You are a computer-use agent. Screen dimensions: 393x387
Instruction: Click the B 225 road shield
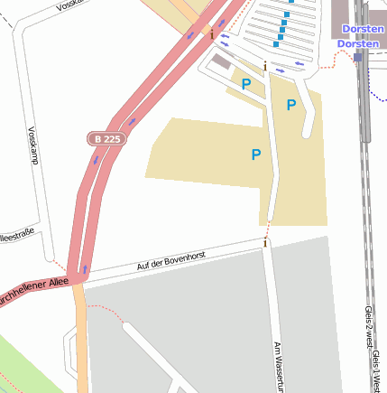pyautogui.click(x=105, y=138)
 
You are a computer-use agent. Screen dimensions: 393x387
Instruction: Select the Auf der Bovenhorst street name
pyautogui.click(x=171, y=261)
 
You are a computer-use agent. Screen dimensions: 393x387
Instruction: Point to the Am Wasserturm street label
pyautogui.click(x=279, y=366)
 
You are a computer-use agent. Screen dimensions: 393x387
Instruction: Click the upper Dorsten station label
pyautogui.click(x=364, y=28)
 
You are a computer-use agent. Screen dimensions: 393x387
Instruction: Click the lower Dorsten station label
pyautogui.click(x=361, y=42)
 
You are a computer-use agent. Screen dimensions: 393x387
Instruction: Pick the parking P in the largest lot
pyautogui.click(x=256, y=155)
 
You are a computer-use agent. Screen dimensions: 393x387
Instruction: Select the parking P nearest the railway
pyautogui.click(x=290, y=106)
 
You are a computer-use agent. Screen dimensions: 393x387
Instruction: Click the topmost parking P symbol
pyautogui.click(x=245, y=84)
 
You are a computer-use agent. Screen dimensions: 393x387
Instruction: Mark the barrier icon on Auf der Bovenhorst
pyautogui.click(x=265, y=242)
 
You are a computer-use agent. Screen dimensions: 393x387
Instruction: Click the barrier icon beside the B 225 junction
pyautogui.click(x=212, y=35)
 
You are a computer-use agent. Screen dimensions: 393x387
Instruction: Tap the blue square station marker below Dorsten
pyautogui.click(x=358, y=56)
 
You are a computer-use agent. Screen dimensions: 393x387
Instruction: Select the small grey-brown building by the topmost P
pyautogui.click(x=222, y=62)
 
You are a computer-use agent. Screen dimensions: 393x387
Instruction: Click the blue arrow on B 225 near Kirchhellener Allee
pyautogui.click(x=84, y=268)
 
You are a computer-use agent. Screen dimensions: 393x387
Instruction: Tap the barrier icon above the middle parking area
pyautogui.click(x=264, y=67)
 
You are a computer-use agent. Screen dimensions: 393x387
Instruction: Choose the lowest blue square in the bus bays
pyautogui.click(x=272, y=42)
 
